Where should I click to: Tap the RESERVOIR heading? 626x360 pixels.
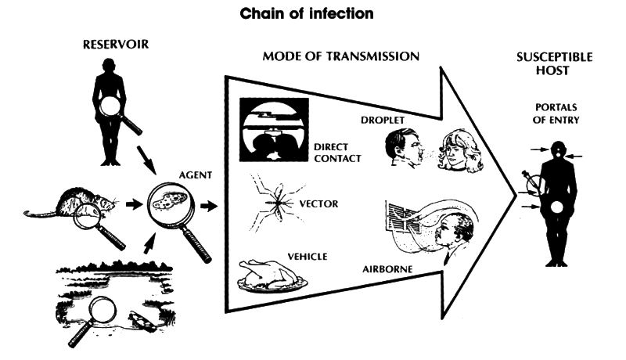point(115,44)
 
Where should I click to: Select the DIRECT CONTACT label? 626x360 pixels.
point(336,152)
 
